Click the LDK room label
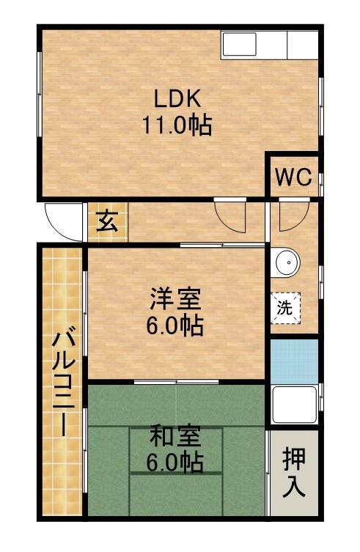pyautogui.click(x=177, y=97)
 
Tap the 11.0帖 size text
pyautogui.click(x=177, y=126)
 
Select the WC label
pyautogui.click(x=293, y=177)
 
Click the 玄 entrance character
pyautogui.click(x=107, y=221)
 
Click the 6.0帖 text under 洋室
pyautogui.click(x=175, y=325)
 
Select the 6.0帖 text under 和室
pyautogui.click(x=175, y=463)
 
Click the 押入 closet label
pyautogui.click(x=294, y=473)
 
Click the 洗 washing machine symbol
pyautogui.click(x=285, y=307)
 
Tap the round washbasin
pyautogui.click(x=287, y=262)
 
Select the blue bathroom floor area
pyautogui.click(x=294, y=361)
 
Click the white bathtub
pyautogui.click(x=294, y=405)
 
